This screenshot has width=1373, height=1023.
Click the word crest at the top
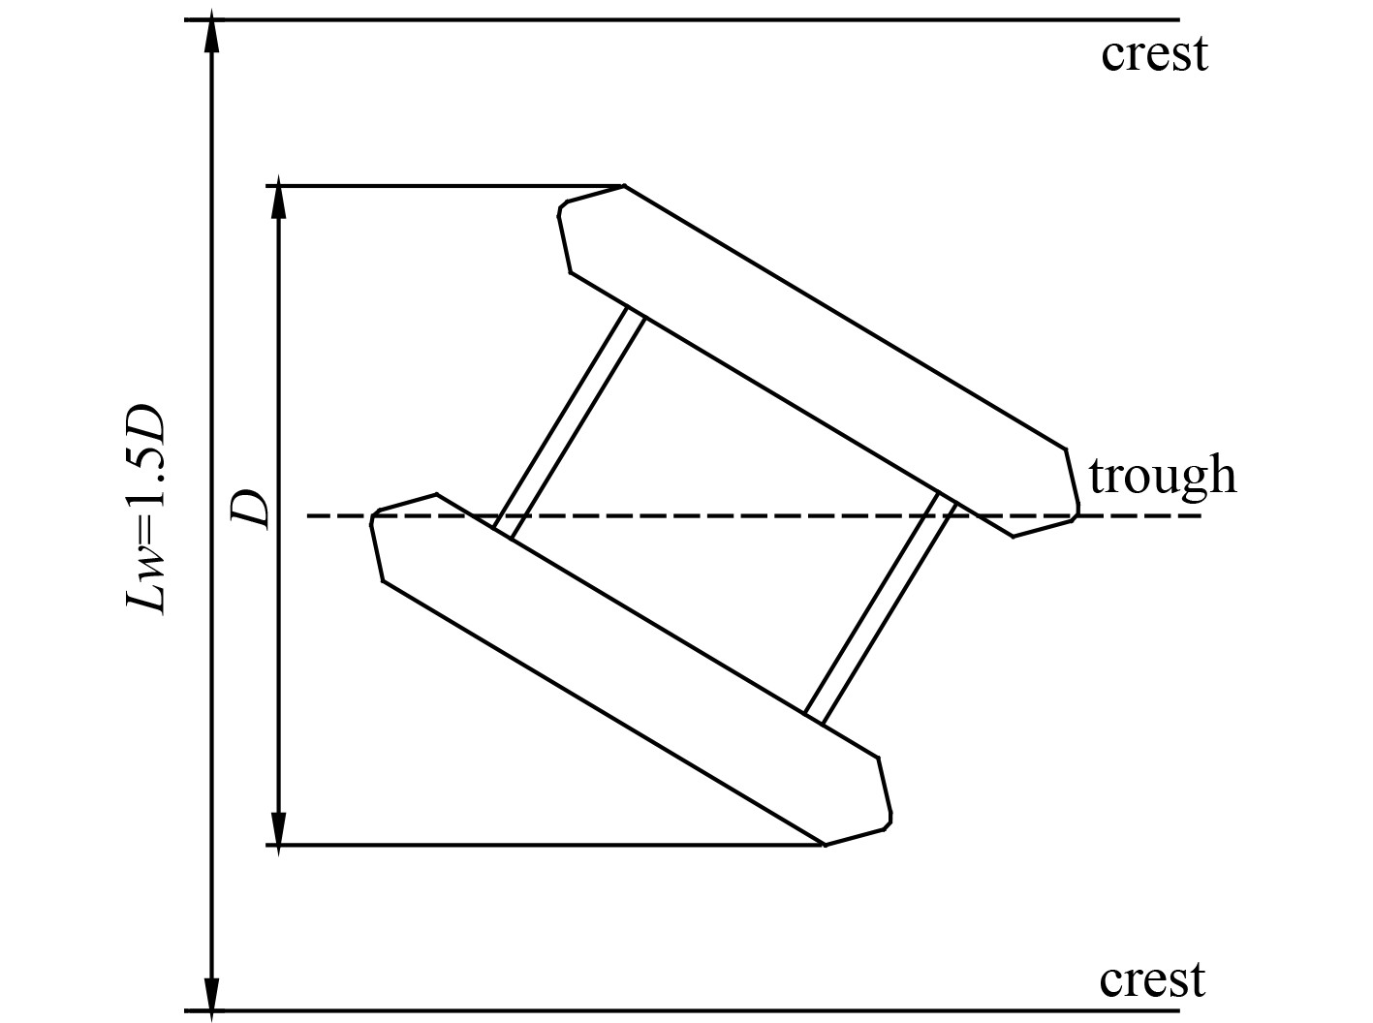click(x=1154, y=55)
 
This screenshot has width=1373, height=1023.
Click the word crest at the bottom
click(x=1152, y=980)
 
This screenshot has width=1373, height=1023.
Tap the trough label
click(x=1162, y=477)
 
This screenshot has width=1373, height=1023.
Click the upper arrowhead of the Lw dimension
click(x=212, y=35)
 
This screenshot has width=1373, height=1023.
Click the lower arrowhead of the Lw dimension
click(x=212, y=994)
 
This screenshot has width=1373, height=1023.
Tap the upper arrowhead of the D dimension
click(x=278, y=200)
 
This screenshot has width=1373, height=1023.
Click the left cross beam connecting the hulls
click(x=569, y=422)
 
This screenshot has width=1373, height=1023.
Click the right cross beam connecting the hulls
click(x=881, y=608)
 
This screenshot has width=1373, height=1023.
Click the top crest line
click(x=678, y=19)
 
